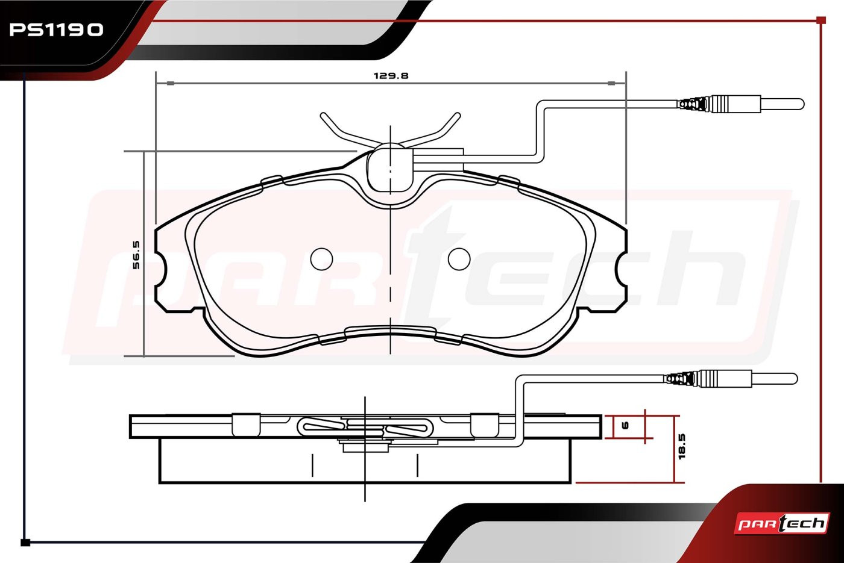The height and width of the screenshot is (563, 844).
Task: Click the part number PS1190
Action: (x=56, y=30)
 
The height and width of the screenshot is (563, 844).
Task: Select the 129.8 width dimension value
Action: (x=391, y=76)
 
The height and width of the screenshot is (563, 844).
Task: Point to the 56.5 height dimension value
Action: (x=136, y=255)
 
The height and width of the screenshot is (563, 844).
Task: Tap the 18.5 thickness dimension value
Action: (x=682, y=446)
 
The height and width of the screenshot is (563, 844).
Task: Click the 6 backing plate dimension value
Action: (x=625, y=426)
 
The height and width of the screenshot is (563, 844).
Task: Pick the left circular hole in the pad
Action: (x=321, y=259)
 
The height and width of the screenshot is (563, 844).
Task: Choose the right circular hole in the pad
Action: (x=459, y=259)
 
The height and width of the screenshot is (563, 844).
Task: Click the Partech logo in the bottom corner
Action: (x=782, y=523)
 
